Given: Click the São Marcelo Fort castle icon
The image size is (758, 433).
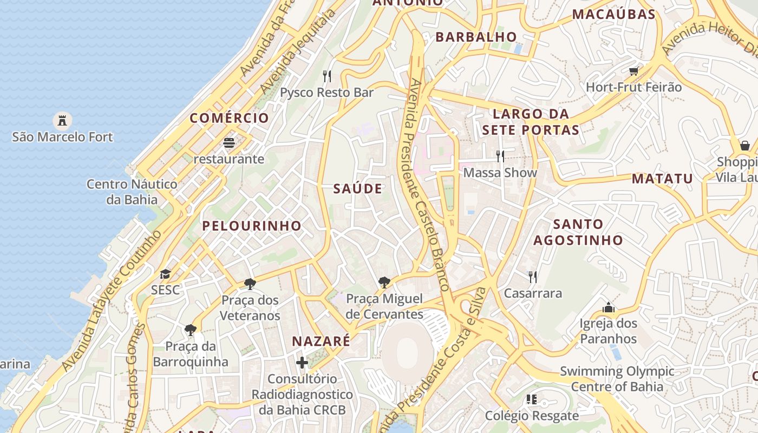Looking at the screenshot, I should point(63,120).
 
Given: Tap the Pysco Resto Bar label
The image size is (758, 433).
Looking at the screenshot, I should point(326,93).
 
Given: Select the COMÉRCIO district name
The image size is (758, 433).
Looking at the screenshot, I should point(229,118).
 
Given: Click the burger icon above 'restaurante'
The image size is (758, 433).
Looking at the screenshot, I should point(229,143).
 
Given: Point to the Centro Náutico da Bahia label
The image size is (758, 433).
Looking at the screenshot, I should point(132,192).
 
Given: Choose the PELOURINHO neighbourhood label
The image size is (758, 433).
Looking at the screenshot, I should point(252,226).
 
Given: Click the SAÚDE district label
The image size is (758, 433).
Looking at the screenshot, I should point(357,189).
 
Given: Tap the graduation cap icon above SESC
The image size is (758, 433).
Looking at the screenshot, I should point(165,274).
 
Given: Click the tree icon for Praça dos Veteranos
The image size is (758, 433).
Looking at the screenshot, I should point(250,284).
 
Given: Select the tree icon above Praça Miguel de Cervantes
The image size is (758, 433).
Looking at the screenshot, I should point(384,282).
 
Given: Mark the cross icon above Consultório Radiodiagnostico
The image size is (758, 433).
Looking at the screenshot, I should point(302,362).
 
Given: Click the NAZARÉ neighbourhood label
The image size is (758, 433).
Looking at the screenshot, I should point(321,342).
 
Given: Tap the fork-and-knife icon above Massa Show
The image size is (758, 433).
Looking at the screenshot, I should point(500,156).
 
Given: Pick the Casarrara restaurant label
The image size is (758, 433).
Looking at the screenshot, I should point(533,293).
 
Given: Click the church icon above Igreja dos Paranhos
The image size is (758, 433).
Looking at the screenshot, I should point(609,307).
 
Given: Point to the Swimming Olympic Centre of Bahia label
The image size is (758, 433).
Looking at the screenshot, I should point(617,379).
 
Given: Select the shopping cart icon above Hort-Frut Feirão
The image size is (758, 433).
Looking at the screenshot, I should point(634,71).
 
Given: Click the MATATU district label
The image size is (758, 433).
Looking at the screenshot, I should point(662,179).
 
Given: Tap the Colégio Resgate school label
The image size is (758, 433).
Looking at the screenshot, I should point(532,416).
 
